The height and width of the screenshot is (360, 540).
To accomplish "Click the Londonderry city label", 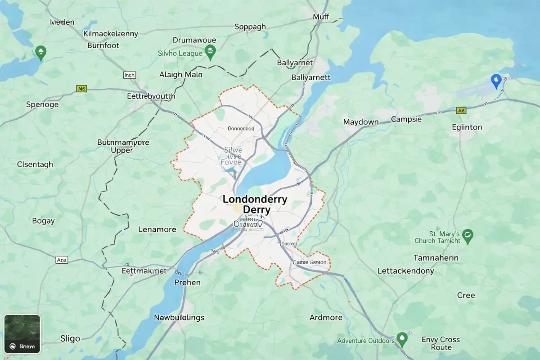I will pos(255,199).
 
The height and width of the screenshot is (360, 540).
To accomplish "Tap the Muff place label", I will pos(321,17).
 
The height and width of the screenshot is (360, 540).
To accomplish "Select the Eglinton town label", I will pos(467,127).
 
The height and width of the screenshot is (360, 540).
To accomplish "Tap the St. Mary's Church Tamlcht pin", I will pos(468,235).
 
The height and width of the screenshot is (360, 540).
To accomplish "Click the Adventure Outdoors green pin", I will pos(402,338).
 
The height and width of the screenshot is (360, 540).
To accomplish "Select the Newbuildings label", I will pos(179,318).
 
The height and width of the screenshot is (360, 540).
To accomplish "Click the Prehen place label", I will pos(187,283).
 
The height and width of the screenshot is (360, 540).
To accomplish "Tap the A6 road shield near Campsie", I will pos(461,110).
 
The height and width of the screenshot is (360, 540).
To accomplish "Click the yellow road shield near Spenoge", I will pos(81,89).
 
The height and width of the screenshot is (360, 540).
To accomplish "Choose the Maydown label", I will pos(360,122).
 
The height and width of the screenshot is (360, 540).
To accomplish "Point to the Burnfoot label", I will pos(103,45).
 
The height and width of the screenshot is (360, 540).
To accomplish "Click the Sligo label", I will pos(70,338).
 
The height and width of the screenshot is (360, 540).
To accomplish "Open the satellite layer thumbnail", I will pos(22,333).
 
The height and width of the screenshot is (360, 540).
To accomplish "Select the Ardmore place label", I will pos(326,318).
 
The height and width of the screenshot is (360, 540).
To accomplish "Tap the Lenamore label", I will pos(157,229).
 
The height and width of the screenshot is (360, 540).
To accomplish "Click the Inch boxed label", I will pos(129,75).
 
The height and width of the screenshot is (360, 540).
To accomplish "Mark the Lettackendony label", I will pos(405,271).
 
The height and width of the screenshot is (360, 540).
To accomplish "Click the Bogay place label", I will pos(43,221).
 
